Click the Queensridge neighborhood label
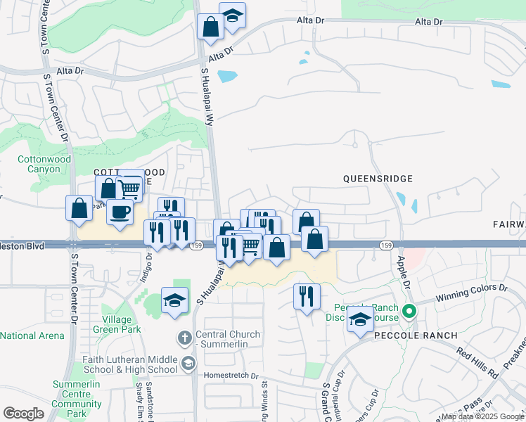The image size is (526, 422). tap(378, 179)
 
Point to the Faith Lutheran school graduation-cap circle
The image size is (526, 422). tap(188, 364)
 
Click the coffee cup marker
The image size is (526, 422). tap(120, 212)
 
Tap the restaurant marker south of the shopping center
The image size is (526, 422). tap(307, 296)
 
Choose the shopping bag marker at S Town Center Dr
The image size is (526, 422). tap(79, 208)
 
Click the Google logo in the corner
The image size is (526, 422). tap(23, 413)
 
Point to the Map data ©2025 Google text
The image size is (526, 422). tap(482, 416)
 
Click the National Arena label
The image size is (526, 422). tap(32, 336)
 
